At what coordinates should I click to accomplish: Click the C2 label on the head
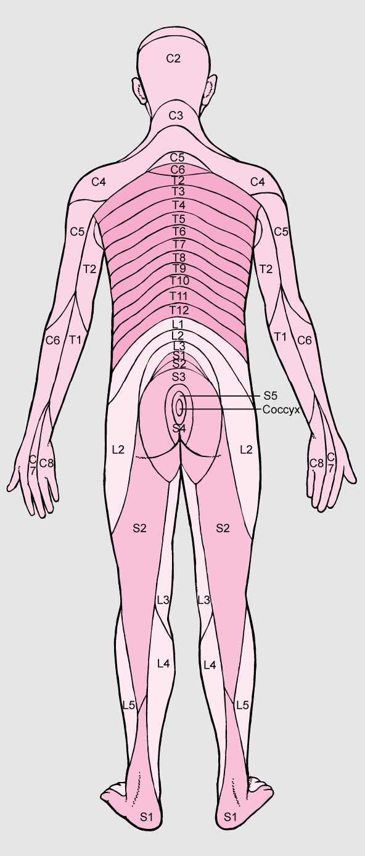(173, 59)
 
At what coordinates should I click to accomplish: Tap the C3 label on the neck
(176, 115)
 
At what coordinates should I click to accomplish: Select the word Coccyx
(281, 409)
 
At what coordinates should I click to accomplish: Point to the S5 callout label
(270, 395)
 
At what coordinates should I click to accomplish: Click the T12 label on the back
(179, 310)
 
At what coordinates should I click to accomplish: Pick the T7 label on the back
(179, 244)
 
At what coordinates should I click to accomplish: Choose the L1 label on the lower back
(178, 324)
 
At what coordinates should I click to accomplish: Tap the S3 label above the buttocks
(178, 377)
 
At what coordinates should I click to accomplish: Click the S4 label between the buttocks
(179, 429)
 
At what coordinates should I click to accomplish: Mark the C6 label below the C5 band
(178, 170)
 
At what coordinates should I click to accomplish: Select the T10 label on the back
(179, 281)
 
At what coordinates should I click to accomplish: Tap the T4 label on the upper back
(178, 205)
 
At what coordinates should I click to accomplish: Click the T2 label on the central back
(178, 180)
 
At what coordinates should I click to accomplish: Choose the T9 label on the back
(179, 268)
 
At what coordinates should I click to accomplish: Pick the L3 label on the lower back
(178, 346)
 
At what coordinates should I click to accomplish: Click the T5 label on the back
(178, 219)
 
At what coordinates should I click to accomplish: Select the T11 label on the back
(179, 295)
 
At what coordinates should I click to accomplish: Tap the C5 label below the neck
(178, 157)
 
